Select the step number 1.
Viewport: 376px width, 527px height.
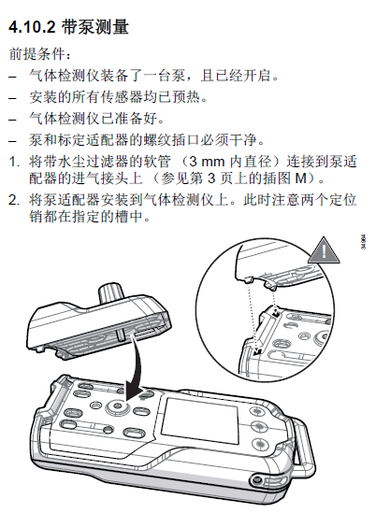[12, 162]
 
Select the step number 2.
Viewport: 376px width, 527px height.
[12, 201]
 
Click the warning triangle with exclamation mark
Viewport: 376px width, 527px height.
[323, 250]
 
